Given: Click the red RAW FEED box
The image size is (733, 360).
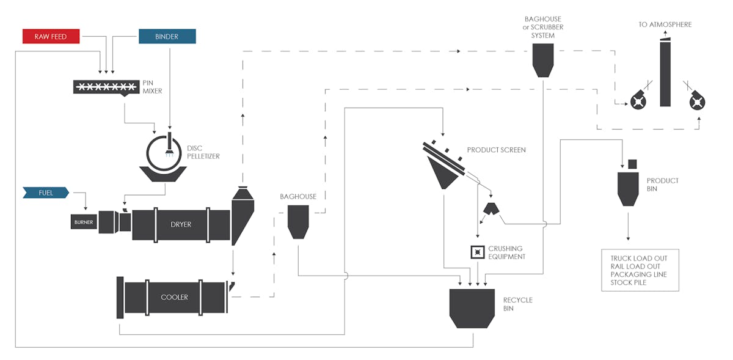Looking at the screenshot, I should click(x=51, y=36).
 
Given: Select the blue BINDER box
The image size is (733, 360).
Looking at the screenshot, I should click(x=167, y=36).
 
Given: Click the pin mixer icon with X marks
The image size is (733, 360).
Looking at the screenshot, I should click(x=104, y=87).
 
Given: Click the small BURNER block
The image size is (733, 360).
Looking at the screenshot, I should click(x=84, y=222).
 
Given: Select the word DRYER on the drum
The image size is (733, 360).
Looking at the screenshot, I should click(x=181, y=224).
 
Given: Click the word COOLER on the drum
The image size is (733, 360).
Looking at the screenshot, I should click(x=174, y=297).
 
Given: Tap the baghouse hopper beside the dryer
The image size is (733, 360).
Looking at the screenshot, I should click(x=298, y=221).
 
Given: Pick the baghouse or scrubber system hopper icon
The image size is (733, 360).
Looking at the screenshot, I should click(x=543, y=60).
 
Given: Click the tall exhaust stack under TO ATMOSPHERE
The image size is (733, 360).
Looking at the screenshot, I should click(x=665, y=73).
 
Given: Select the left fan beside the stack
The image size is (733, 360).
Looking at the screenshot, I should click(x=638, y=101).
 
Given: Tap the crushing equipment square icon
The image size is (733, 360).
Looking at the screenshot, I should click(x=476, y=252).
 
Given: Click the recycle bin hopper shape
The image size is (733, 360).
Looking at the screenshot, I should click(x=472, y=308).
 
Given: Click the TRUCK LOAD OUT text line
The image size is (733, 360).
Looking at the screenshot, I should click(x=638, y=258).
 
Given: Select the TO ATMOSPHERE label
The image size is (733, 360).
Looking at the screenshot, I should click(x=665, y=24).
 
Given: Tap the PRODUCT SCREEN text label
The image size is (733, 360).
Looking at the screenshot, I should click(x=496, y=150).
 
